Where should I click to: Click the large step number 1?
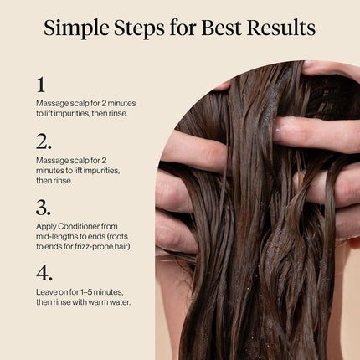[40, 85]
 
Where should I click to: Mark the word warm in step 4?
[100, 302]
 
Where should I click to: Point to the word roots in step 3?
[122, 236]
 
